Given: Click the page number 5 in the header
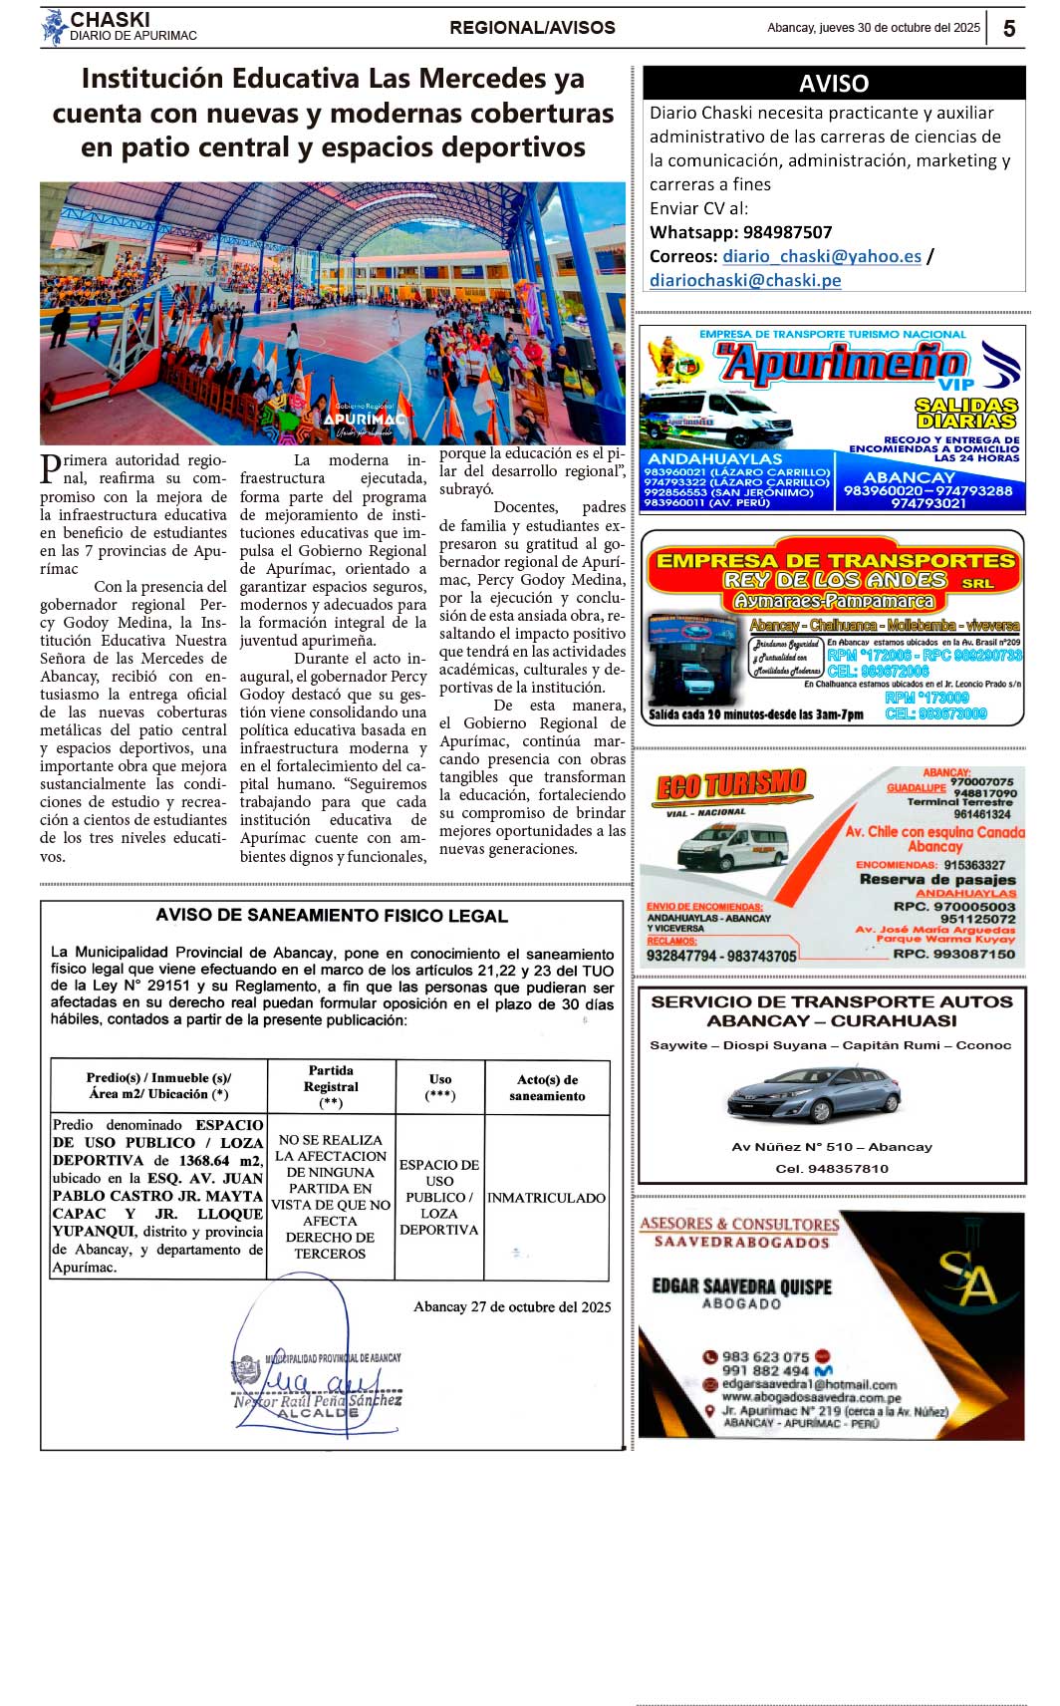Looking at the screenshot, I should (1008, 28).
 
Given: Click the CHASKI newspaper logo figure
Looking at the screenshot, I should (53, 27).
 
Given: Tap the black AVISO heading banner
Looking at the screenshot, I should (833, 83).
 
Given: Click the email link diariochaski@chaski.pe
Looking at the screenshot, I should (745, 280).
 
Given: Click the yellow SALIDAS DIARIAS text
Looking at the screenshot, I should (966, 413).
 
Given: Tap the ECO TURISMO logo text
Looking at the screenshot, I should (730, 784).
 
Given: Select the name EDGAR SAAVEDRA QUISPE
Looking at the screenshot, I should (741, 1286).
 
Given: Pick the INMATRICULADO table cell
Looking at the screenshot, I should (546, 1198).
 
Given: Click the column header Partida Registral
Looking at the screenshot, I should (331, 1086).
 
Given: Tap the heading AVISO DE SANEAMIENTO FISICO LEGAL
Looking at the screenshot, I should (332, 916).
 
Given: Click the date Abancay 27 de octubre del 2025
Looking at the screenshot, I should (512, 1306).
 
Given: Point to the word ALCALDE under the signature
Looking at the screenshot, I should (318, 1413).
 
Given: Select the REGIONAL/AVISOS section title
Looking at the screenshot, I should (532, 28).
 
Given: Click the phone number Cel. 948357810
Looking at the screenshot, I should (832, 1168).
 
